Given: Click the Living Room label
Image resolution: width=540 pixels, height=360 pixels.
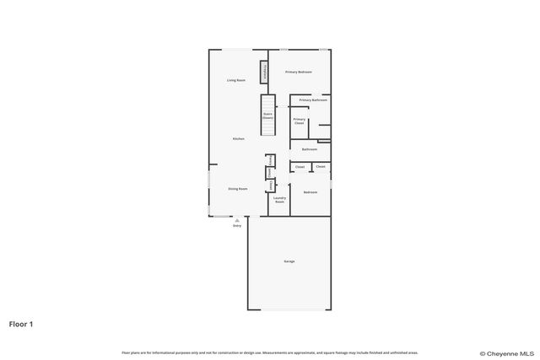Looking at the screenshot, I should coord(236,80).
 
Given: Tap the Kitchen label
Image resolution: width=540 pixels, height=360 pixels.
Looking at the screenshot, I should coord(239,138).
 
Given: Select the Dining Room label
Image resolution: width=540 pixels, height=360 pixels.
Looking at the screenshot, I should coord(238,189).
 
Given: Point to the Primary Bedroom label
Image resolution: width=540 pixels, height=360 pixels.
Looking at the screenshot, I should coord(298,73).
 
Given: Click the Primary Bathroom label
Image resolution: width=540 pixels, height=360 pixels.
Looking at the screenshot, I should coord(313,100).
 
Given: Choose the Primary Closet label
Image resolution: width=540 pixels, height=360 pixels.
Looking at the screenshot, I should coord(299,121).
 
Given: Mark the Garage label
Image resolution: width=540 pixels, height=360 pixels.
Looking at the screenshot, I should coord(289,261).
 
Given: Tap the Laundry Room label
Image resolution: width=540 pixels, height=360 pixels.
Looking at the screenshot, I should coord(279,201).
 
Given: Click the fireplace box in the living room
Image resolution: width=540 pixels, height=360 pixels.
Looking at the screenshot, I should coord(265,73).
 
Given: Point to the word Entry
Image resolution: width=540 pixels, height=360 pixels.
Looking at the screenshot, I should coord(237,225).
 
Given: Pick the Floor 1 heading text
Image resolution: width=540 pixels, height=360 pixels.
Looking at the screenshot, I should coord(21,323).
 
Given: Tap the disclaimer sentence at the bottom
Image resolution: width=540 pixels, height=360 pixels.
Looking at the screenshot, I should coord(270,352).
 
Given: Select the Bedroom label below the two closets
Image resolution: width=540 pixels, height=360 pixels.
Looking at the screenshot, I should coord(310,192).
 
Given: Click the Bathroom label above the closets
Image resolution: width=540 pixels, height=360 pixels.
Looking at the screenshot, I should coord(310,149).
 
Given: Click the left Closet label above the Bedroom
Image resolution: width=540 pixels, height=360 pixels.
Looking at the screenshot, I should coord(300,167).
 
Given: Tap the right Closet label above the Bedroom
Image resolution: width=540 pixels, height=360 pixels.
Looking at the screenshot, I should coord(321,167).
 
